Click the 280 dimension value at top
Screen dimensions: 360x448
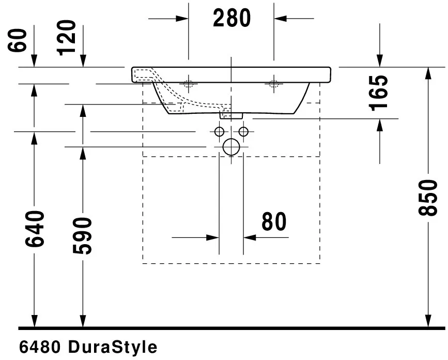click(231, 19)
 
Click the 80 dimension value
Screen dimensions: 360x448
click(273, 222)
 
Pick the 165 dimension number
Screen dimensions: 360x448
click(380, 93)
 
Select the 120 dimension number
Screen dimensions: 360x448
click(67, 37)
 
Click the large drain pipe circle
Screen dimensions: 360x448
click(231, 147)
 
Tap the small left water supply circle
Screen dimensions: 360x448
click(219, 131)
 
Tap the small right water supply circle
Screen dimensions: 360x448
click(243, 131)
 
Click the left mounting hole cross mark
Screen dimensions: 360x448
click(189, 84)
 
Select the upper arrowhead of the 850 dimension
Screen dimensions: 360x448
click(428, 73)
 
